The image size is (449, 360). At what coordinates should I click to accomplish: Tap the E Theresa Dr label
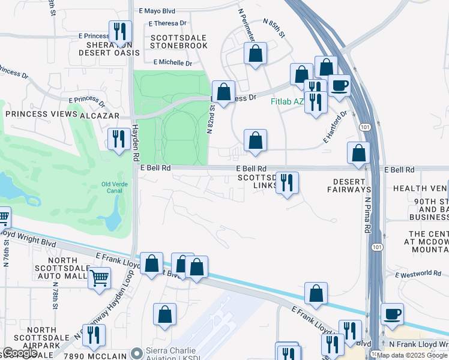(167, 23)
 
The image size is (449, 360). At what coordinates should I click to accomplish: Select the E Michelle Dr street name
(172, 62)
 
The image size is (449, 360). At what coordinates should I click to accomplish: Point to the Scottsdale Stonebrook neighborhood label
(178, 41)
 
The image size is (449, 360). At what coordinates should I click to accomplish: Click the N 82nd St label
(212, 119)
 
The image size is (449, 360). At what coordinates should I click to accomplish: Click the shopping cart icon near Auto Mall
(99, 278)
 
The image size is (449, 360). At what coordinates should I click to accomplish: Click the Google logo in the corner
(20, 353)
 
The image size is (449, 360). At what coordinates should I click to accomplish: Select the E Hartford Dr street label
(336, 126)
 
